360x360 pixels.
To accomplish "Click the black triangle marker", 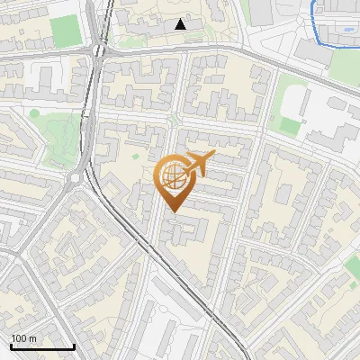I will (x=181, y=24).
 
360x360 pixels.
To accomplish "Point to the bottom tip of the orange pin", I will (x=171, y=212).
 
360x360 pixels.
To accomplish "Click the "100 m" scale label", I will (x=24, y=337).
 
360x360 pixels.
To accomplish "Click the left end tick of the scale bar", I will (x=11, y=345).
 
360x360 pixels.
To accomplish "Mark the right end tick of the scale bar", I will (x=74, y=345).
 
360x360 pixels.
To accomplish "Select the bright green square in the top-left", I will (x=65, y=31).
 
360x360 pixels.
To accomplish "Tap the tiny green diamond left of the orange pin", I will (x=136, y=157).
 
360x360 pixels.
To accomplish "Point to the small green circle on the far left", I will (x=34, y=113).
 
